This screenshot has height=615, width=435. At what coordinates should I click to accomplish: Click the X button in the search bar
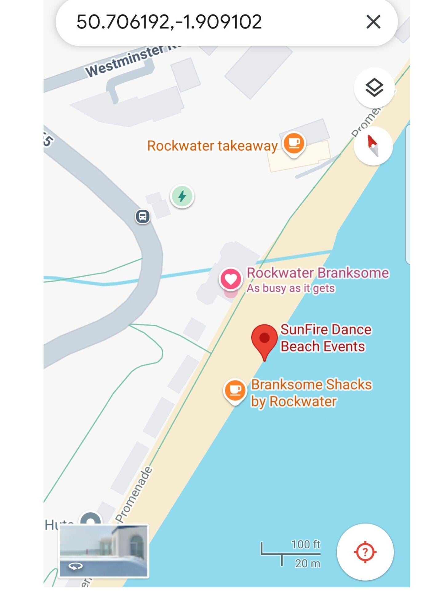(373, 22)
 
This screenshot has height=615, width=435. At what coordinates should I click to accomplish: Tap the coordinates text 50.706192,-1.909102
(169, 22)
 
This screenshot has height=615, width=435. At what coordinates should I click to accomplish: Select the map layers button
(374, 88)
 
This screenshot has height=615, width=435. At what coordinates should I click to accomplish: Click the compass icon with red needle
(373, 146)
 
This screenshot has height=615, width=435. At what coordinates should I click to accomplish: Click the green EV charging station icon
(182, 196)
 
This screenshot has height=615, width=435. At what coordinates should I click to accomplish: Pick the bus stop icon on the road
(143, 216)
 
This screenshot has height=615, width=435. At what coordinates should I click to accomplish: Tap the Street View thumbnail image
(104, 551)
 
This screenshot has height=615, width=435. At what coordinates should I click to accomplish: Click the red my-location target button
(365, 552)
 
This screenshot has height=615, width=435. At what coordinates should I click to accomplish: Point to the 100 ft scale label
(305, 544)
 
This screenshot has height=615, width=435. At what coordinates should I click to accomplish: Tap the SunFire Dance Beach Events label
(326, 338)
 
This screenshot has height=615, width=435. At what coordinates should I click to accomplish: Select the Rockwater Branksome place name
(318, 273)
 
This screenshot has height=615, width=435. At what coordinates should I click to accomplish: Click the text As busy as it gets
(291, 288)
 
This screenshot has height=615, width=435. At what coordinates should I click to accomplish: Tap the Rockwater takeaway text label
(212, 146)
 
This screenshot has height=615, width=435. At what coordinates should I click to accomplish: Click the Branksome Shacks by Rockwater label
(311, 393)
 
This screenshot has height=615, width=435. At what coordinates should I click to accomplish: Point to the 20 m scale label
(307, 563)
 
